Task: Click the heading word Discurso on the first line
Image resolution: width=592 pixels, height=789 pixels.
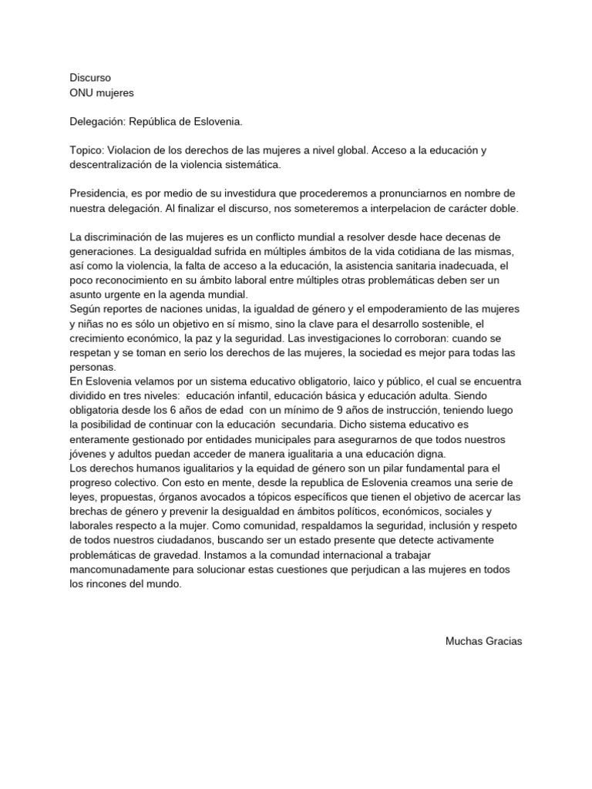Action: click(x=90, y=78)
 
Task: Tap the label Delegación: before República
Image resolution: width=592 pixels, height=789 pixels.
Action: click(x=97, y=122)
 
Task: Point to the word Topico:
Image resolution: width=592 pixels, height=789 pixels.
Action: click(x=87, y=151)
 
